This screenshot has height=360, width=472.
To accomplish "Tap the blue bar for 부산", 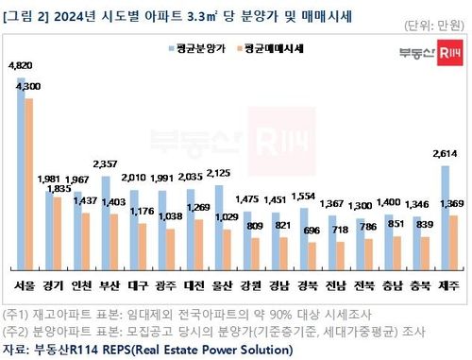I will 105,223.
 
